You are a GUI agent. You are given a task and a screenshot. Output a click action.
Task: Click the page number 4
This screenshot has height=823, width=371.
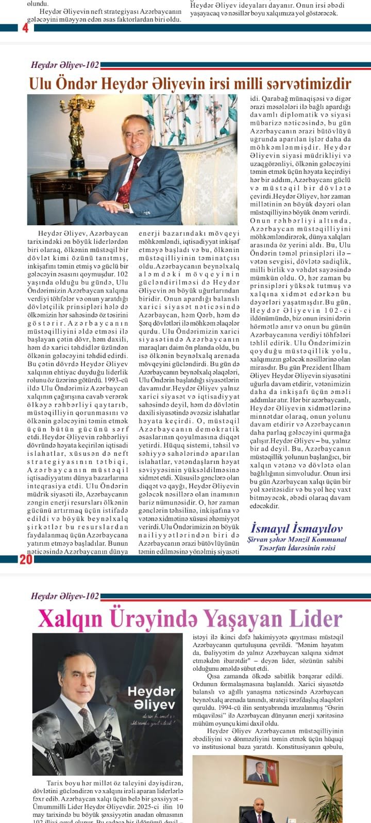point(25,28)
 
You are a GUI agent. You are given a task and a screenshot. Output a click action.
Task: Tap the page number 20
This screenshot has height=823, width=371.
point(26,560)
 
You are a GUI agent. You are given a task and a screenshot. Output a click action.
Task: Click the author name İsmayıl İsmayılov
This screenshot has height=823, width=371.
point(296,528)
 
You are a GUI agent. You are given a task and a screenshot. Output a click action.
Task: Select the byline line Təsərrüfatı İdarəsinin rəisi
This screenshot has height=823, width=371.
point(296,548)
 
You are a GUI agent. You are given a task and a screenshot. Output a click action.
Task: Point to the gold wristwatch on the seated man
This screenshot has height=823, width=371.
point(126,206)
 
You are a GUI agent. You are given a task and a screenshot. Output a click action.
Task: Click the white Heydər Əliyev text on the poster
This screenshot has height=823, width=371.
point(151,697)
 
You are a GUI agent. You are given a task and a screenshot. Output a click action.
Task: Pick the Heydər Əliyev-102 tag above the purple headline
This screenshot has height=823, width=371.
point(65,596)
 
